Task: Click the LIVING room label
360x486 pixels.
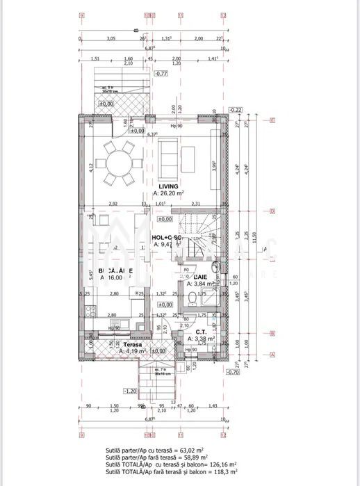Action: tap(169, 187)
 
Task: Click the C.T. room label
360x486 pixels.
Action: tap(199, 332)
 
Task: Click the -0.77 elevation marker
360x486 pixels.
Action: tap(161, 73)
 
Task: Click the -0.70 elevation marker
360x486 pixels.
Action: tap(235, 373)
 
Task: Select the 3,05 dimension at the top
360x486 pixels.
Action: tap(111, 39)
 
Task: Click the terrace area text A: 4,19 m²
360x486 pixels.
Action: tap(132, 352)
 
